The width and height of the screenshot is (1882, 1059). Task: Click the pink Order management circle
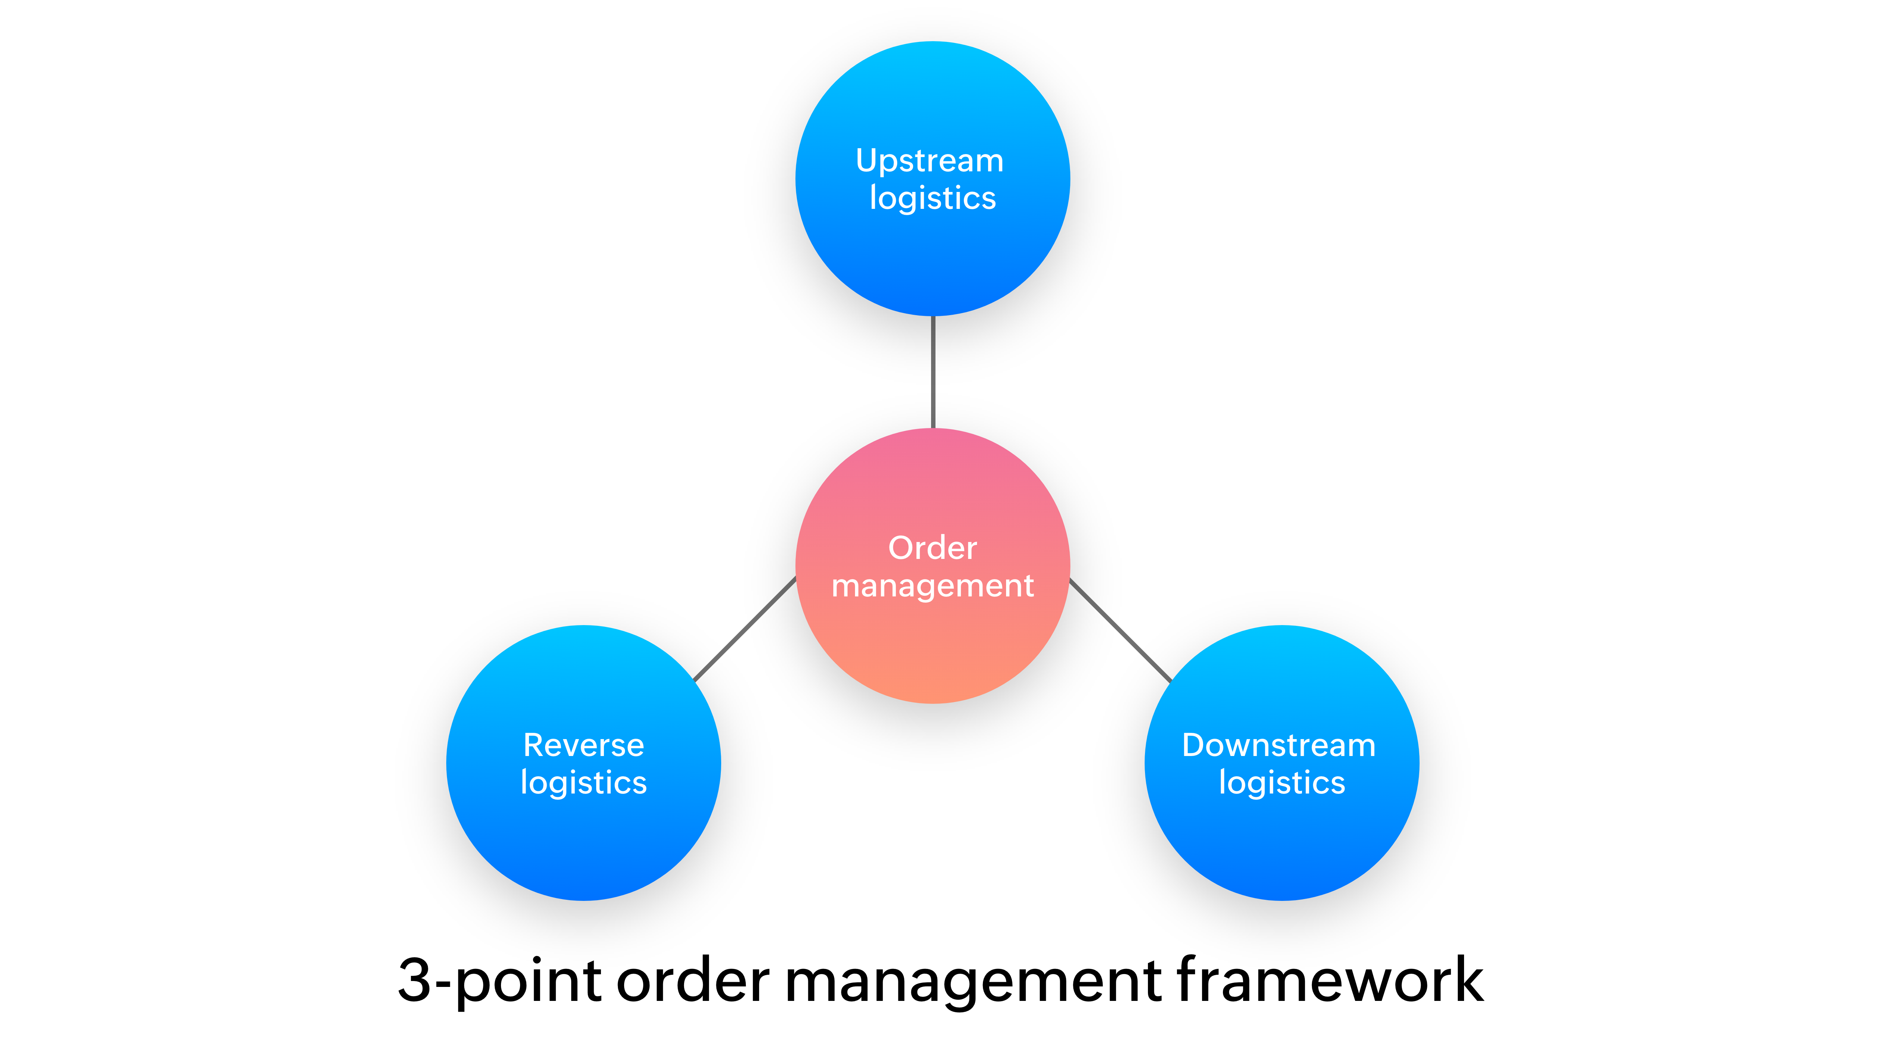click(x=932, y=643)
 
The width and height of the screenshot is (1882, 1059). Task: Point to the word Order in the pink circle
click(x=932, y=548)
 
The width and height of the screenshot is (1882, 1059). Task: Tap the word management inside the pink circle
click(x=932, y=586)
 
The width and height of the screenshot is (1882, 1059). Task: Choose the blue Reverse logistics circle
click(x=583, y=841)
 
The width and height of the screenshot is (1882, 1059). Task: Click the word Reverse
click(x=583, y=745)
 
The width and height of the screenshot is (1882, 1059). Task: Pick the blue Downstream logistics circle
click(x=1281, y=841)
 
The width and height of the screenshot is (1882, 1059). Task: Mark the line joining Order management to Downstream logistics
click(x=1120, y=630)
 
